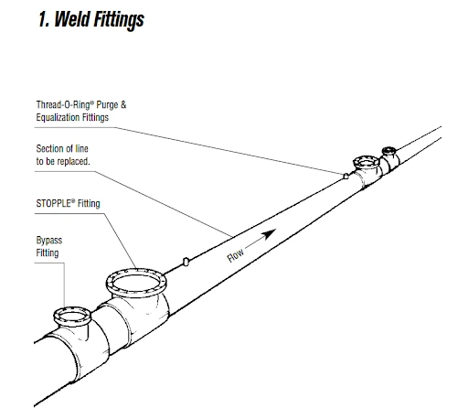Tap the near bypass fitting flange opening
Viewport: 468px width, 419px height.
(x=72, y=317)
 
